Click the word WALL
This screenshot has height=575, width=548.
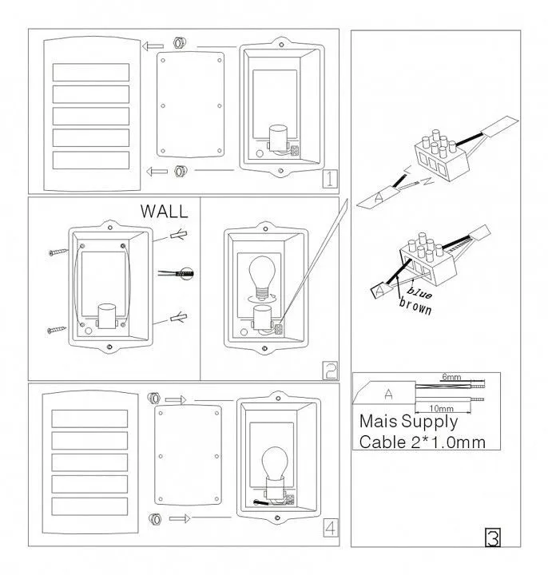pos(164,211)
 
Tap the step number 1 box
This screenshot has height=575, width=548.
pos(329,179)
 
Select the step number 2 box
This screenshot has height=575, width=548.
pos(329,371)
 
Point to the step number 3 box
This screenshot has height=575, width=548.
pos(493,537)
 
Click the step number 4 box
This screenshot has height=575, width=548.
pos(330,528)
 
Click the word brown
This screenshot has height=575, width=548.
pos(415,306)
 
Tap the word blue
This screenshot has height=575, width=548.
pos(419,292)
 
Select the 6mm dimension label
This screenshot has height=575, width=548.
pos(451,377)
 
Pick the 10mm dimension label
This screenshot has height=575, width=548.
pos(441,408)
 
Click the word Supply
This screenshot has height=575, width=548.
pos(429,422)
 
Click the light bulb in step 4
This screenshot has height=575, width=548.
pos(275,463)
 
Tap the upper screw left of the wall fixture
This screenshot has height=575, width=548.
pos(58,252)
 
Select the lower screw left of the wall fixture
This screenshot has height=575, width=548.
pos(57,330)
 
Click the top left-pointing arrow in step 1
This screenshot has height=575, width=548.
pos(153,46)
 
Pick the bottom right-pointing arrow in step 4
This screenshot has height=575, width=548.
pos(180,518)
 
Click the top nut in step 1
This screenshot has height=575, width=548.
pos(180,43)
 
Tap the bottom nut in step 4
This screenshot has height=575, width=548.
pos(155,519)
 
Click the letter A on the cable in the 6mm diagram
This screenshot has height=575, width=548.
pos(388,395)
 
